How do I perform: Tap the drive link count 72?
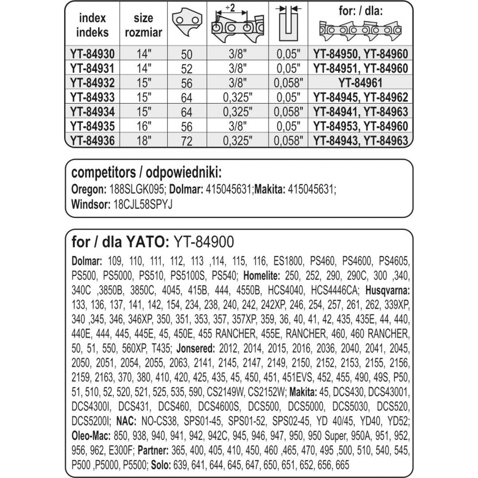coord(184,141)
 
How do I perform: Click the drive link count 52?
coord(184,68)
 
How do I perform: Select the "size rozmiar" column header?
coord(143,25)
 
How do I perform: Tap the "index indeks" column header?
coord(93,25)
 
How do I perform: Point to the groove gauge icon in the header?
coord(286,26)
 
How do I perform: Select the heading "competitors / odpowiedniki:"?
coord(147,173)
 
